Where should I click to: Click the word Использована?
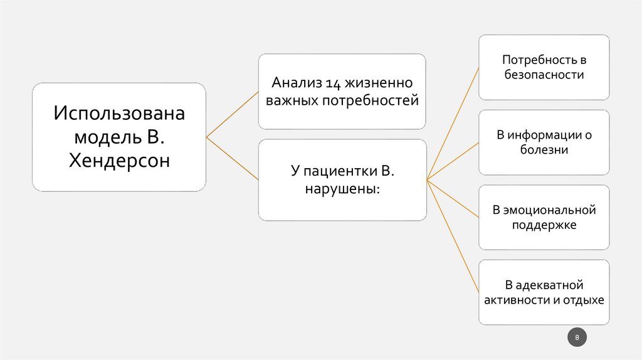tap(119, 115)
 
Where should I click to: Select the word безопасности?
tap(544, 75)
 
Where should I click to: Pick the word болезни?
tap(544, 150)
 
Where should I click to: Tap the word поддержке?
tap(544, 225)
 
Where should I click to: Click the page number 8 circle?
tap(577, 338)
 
